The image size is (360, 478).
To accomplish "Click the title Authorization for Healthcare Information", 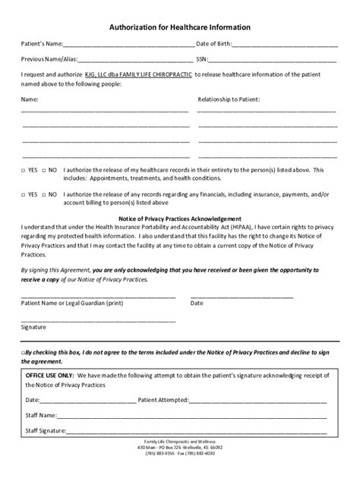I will [180, 27].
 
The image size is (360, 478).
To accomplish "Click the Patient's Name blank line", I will [129, 46].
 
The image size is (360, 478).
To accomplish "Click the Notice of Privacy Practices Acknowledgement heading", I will [180, 219].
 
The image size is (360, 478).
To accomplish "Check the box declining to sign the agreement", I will [24, 354].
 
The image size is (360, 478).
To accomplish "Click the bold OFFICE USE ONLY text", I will [50, 374].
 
